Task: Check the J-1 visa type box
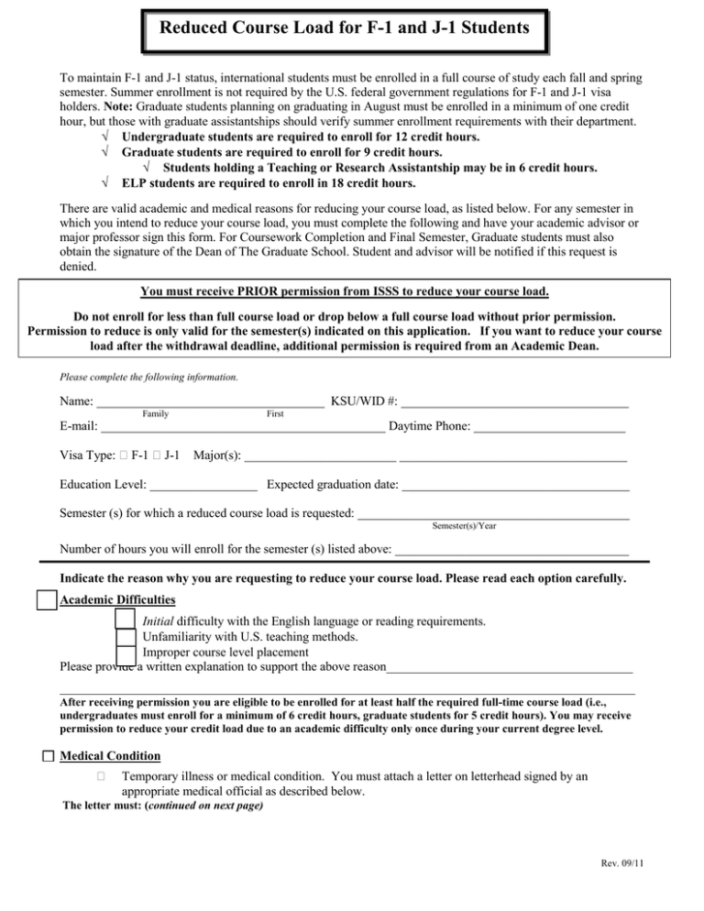[x=155, y=455]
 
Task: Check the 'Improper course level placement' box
[x=126, y=653]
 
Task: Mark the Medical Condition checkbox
[x=48, y=756]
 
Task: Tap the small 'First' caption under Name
[x=274, y=414]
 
